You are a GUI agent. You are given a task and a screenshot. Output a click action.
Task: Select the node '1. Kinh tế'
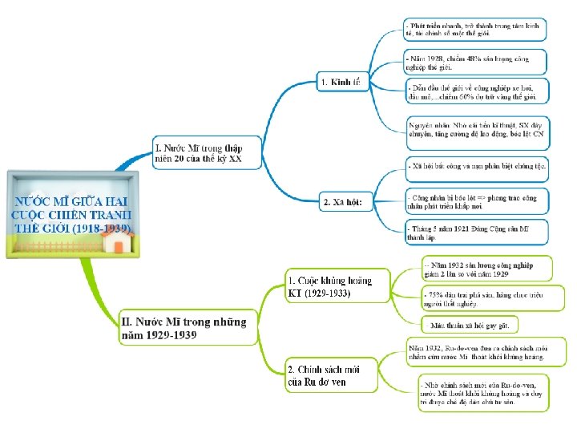click(340, 82)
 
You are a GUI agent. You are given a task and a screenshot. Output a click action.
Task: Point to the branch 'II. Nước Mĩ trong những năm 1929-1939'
click(184, 328)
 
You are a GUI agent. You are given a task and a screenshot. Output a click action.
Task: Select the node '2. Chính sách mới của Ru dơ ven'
click(324, 375)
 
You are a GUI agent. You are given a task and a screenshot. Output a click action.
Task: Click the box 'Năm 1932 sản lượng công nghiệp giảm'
click(487, 269)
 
